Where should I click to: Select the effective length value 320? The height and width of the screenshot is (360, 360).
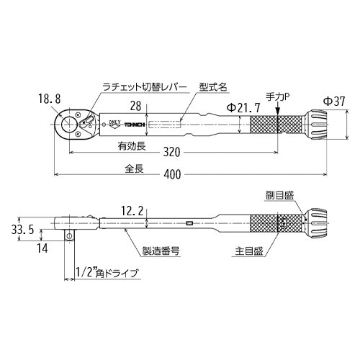171,153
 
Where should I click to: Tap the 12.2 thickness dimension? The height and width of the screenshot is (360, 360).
134,211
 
